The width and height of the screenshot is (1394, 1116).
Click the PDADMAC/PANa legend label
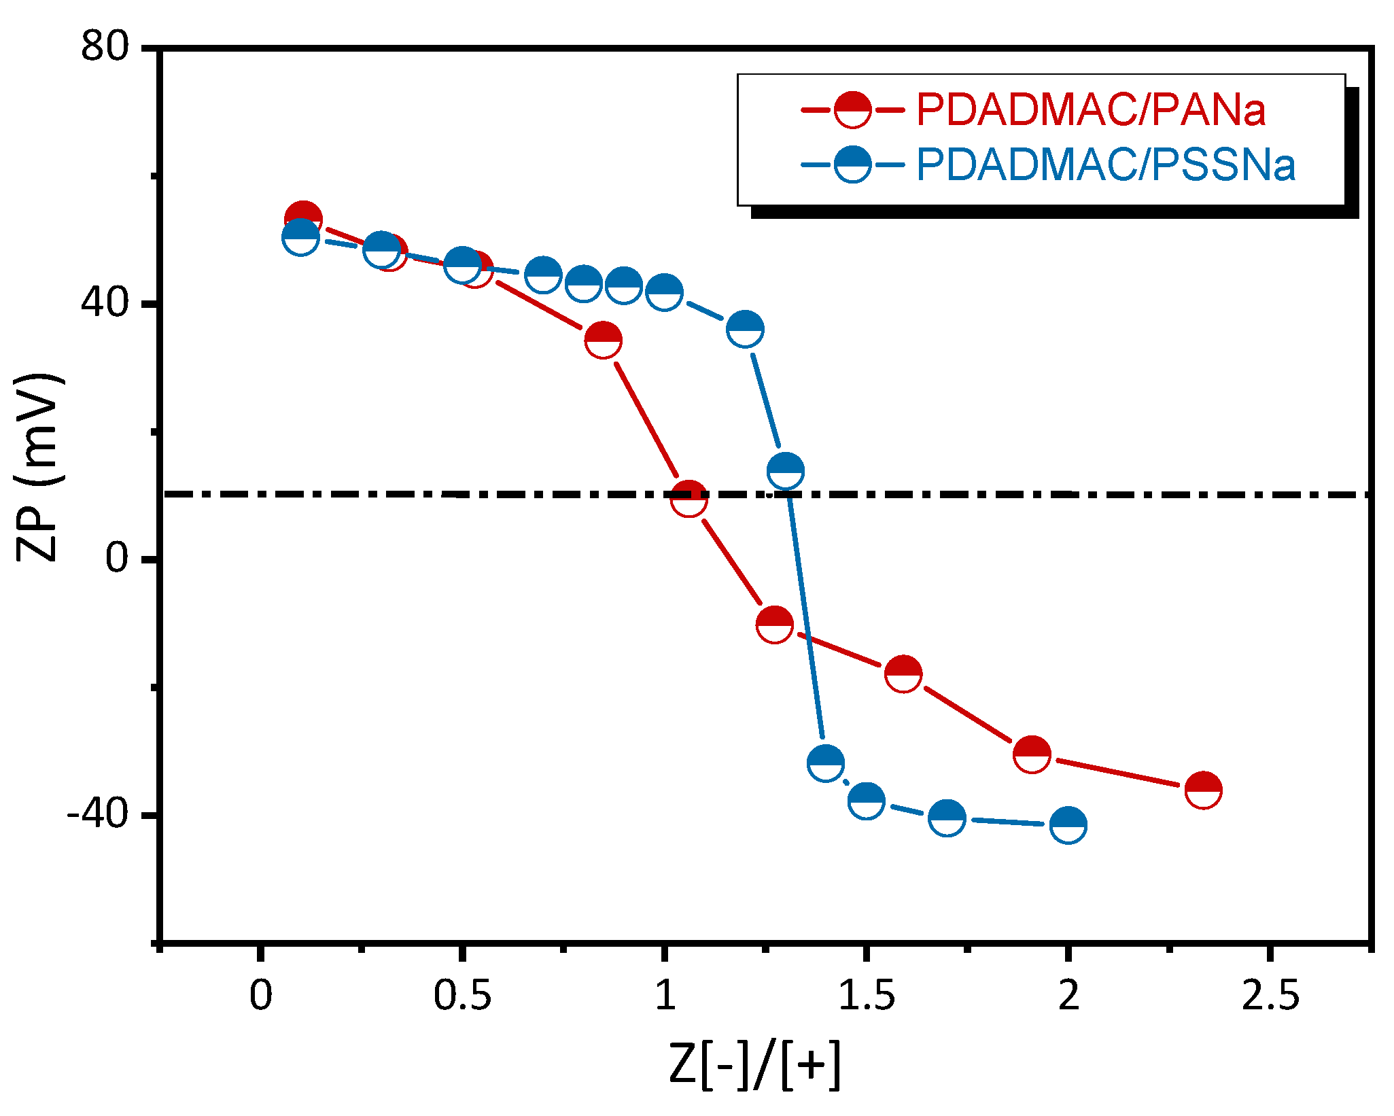point(1090,109)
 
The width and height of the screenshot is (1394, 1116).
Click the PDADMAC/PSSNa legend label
point(1105,165)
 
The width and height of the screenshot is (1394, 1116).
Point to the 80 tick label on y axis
point(105,47)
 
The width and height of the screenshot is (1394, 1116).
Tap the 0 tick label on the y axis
point(117,558)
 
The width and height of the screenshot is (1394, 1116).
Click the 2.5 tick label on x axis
point(1270,996)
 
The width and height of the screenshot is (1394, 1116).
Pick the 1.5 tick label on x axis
point(866,996)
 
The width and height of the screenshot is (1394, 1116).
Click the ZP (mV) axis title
point(39,468)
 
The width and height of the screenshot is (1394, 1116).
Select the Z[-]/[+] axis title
point(754,1065)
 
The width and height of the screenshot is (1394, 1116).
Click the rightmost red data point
point(1203,790)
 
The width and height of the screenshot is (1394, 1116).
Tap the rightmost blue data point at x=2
point(1068,825)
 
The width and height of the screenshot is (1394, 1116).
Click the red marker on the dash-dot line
point(689,499)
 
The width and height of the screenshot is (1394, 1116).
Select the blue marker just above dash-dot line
point(785,470)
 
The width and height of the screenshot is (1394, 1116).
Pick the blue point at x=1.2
point(745,329)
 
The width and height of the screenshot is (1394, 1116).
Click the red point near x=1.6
point(903,674)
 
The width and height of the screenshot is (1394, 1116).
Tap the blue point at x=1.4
point(826,763)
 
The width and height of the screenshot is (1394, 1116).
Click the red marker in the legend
point(852,109)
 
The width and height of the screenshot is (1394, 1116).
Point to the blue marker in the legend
point(852,164)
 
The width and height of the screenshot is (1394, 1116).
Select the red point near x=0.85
point(602,339)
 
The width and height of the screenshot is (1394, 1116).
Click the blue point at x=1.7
point(946,817)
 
